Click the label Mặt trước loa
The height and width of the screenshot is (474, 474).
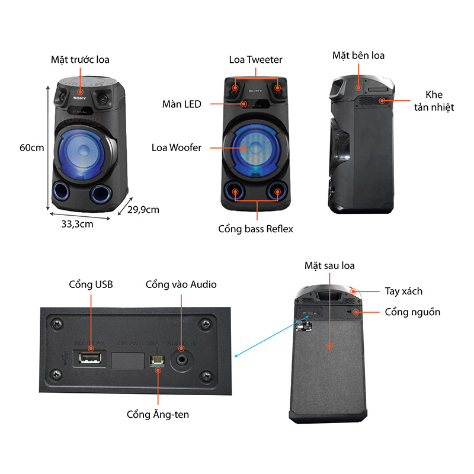click(80, 59)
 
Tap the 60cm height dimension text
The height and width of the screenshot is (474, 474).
click(32, 148)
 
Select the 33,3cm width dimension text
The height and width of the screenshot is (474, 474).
click(77, 224)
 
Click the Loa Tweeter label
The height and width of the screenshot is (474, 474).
click(255, 59)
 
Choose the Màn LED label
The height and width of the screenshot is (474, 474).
click(182, 104)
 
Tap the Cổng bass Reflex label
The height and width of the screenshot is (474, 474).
click(255, 229)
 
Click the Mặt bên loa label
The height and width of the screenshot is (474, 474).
click(358, 56)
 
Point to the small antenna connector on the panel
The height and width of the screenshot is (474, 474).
click(158, 360)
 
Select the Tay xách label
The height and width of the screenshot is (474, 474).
click(403, 291)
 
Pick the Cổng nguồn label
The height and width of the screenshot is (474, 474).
click(412, 312)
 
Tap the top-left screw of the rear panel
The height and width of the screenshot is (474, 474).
click(56, 324)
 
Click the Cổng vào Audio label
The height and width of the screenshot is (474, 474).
click(181, 284)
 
